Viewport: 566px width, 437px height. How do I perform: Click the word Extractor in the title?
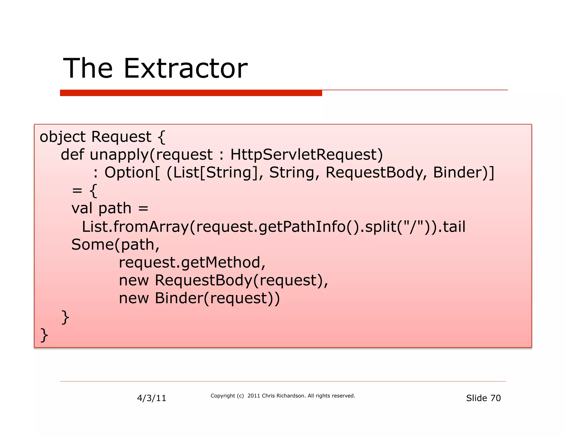coord(185,68)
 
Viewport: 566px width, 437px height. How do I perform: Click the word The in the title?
coord(88,68)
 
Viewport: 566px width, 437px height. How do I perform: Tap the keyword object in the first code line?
coord(62,137)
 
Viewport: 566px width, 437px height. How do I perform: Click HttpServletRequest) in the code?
coord(306,154)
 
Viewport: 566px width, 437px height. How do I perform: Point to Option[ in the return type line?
coord(132,173)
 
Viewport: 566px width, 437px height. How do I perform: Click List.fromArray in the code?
coord(135,227)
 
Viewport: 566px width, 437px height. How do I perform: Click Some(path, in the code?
coord(115,245)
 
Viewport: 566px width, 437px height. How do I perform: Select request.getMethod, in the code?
coord(192,262)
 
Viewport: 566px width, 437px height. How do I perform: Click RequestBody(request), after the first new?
coord(241,280)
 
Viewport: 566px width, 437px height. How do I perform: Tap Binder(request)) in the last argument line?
coord(217,298)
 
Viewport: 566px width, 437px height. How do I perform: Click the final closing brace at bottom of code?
coord(44,335)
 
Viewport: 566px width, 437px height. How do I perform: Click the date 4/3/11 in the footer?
coord(151,398)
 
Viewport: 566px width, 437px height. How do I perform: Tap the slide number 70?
coord(495,398)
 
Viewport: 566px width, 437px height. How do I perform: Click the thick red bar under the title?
coord(191,93)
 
